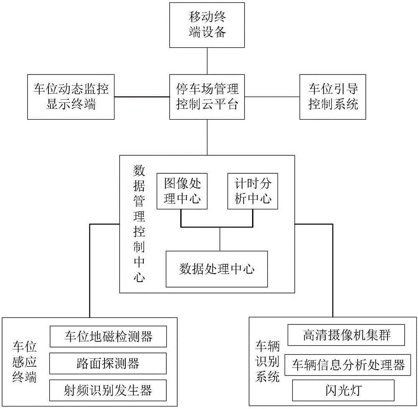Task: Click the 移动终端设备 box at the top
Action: tap(207, 25)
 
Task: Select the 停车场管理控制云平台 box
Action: tap(207, 97)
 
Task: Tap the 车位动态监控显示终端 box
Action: tap(71, 97)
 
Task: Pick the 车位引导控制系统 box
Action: tap(333, 97)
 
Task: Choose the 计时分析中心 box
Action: tap(252, 191)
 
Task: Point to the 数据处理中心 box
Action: tap(217, 269)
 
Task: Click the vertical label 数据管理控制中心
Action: tap(139, 224)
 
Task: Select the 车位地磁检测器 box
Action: tap(108, 336)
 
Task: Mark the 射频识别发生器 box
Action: tap(108, 391)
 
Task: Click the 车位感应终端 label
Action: tap(25, 363)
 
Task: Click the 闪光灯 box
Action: tap(343, 391)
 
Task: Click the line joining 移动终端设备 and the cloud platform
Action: tap(207, 61)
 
